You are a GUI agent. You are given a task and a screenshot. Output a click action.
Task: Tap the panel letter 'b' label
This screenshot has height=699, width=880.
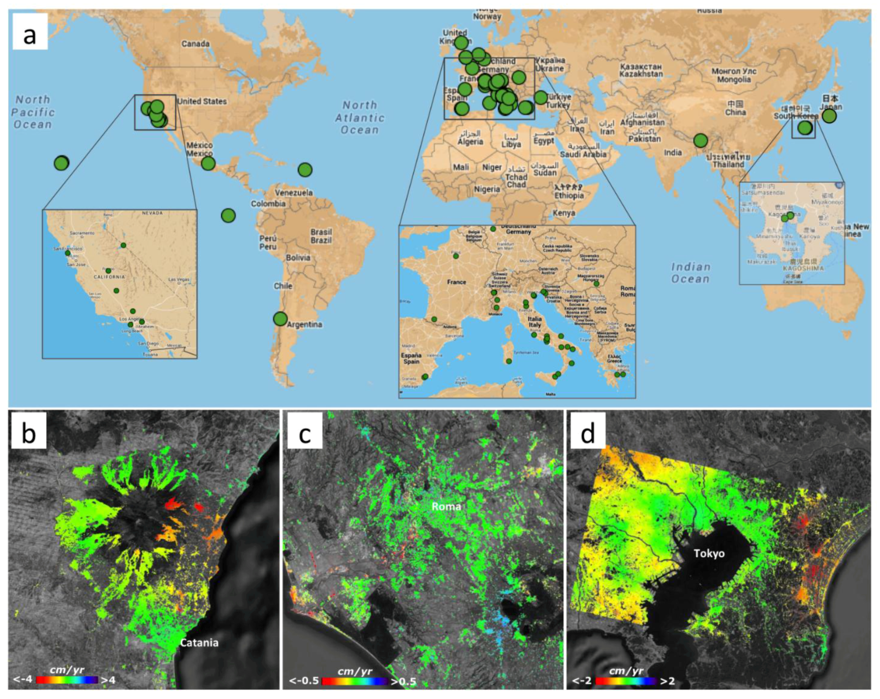click(28, 433)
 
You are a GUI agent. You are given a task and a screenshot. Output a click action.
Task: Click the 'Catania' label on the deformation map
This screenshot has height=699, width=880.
click(199, 643)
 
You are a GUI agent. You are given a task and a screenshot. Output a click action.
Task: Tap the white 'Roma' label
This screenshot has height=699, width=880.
click(446, 507)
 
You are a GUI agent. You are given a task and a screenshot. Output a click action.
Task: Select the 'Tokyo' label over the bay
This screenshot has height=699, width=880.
click(709, 554)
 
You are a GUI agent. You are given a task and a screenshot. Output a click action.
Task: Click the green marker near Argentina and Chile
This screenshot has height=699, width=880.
click(280, 319)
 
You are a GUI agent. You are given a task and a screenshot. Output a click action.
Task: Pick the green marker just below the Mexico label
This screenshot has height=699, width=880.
click(208, 164)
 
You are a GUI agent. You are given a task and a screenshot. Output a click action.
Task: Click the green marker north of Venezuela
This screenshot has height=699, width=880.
click(305, 169)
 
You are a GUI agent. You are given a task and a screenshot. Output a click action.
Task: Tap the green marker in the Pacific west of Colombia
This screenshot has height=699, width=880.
click(229, 215)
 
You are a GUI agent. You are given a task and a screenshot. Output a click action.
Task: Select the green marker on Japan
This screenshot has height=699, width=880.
click(829, 116)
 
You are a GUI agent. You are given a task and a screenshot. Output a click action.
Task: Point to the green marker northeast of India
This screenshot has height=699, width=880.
click(700, 141)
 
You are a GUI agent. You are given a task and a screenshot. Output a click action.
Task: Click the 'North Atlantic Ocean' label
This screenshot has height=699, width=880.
click(360, 118)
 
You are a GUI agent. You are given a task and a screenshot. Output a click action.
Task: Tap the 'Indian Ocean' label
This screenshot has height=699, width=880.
click(691, 273)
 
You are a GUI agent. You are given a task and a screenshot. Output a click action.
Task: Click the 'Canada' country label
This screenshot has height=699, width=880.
click(195, 44)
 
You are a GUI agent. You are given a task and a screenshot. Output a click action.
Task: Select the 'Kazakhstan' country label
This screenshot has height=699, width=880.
click(641, 70)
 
